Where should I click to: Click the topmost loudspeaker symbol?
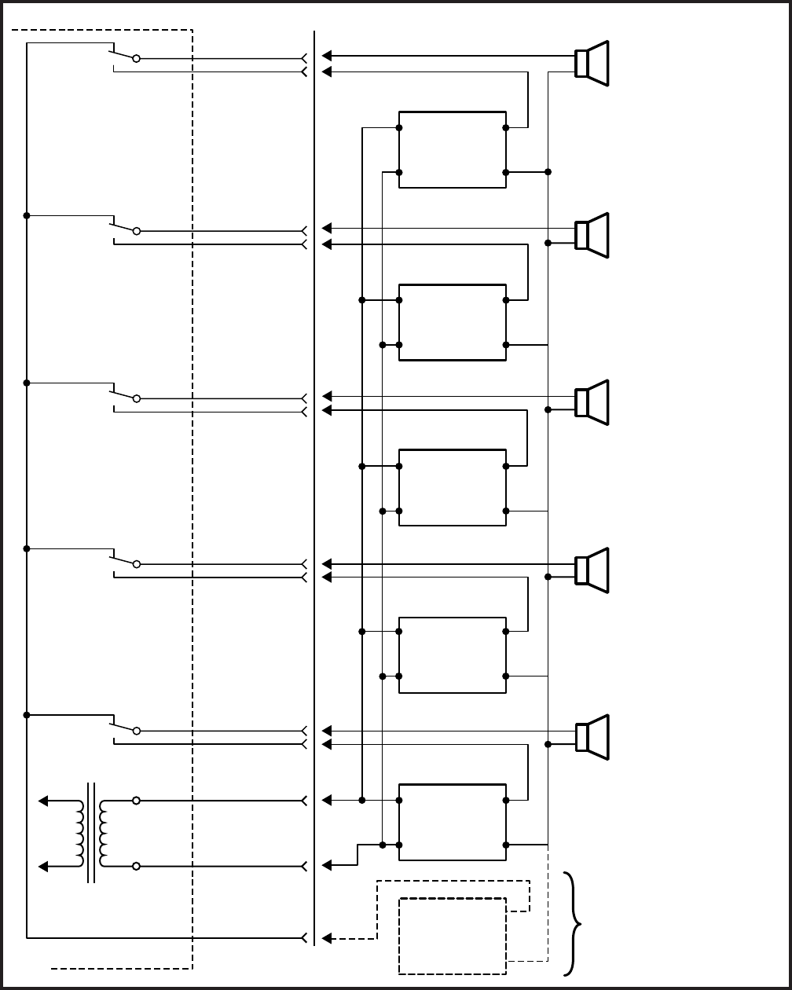point(592,64)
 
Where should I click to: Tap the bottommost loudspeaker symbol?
point(592,737)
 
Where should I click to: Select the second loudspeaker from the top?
point(592,235)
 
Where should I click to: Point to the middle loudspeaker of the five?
point(592,402)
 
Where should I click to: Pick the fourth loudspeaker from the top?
point(592,570)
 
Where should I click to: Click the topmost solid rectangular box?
point(452,149)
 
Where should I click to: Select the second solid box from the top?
point(452,322)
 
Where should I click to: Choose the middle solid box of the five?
point(452,487)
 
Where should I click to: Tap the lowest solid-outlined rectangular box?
point(452,822)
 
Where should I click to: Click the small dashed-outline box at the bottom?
point(452,935)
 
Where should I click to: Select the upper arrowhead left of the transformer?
point(44,801)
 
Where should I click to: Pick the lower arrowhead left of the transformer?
point(44,866)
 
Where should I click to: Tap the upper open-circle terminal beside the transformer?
point(137,801)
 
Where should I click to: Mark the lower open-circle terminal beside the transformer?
point(137,866)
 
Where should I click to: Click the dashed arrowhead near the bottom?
point(328,937)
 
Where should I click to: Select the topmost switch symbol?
point(124,55)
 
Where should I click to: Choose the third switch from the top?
point(124,395)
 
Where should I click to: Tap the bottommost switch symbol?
point(124,727)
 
